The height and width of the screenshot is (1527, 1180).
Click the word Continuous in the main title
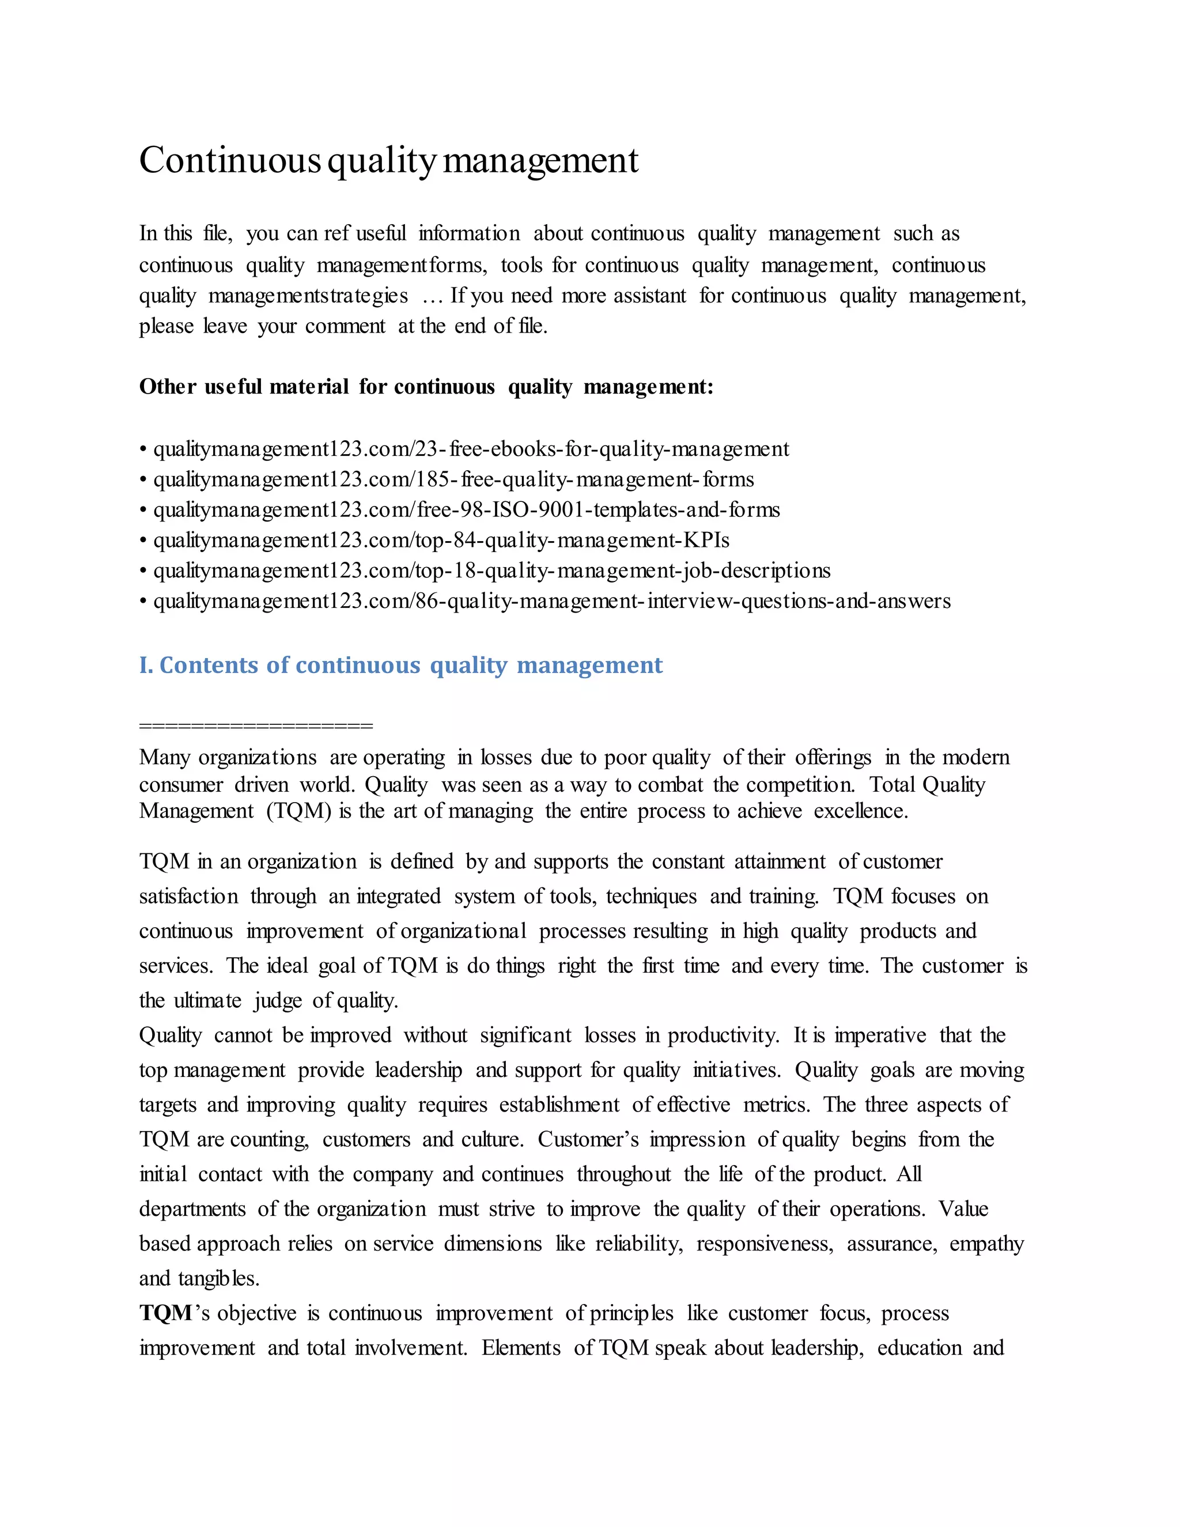tap(229, 160)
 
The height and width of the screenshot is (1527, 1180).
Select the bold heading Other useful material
tap(243, 387)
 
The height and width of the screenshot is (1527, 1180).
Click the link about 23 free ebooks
tap(471, 449)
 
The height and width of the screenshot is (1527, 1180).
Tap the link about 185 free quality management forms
tap(453, 479)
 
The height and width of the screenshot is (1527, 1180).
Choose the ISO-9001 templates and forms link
tap(466, 510)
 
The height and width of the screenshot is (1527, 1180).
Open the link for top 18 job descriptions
tap(491, 570)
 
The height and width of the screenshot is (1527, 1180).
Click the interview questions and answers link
tap(551, 601)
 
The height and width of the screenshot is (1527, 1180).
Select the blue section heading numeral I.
tap(145, 665)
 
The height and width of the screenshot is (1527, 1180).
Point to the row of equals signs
tap(256, 725)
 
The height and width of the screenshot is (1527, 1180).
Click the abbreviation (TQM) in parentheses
tap(298, 811)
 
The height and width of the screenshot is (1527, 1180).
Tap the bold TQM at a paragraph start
tap(166, 1313)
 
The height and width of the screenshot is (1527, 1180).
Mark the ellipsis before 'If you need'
tap(433, 296)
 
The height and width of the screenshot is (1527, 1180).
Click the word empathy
tap(986, 1244)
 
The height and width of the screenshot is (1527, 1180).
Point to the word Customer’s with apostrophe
tap(588, 1140)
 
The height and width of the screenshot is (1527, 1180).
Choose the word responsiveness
tap(764, 1244)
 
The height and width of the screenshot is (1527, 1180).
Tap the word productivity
tap(723, 1035)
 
